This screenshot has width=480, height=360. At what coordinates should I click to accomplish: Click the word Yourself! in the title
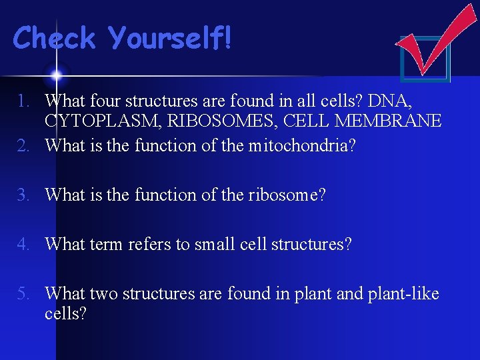[171, 38]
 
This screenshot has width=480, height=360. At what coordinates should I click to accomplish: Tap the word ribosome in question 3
[291, 195]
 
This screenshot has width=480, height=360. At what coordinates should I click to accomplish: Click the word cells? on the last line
[65, 313]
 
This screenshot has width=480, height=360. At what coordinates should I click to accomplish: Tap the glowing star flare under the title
[57, 74]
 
